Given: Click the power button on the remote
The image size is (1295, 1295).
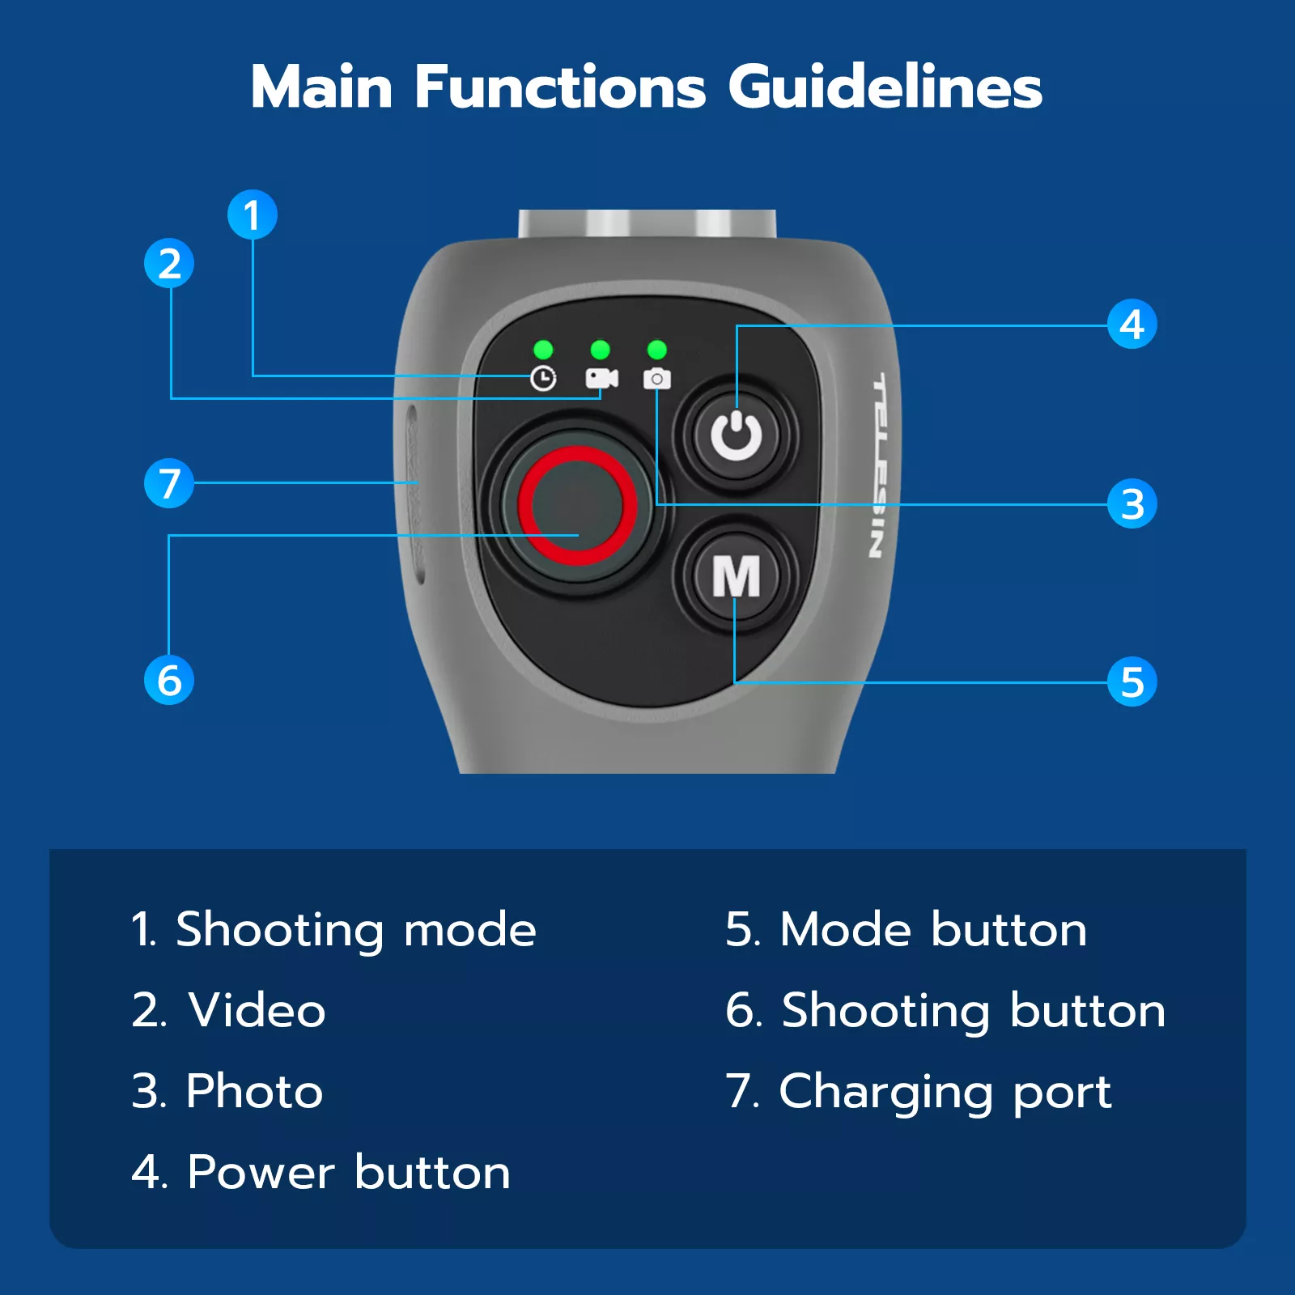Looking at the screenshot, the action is coord(737,435).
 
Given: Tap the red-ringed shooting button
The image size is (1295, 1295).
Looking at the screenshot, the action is coord(576,505).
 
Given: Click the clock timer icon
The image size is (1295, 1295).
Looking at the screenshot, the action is coord(543,378).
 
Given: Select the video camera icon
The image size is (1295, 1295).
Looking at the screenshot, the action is coord(601,378).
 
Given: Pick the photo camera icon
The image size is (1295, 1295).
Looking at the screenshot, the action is coord(657,378).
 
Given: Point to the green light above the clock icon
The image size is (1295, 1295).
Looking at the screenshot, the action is coord(543,350).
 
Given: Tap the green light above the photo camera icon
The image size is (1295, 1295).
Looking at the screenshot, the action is coord(657,350).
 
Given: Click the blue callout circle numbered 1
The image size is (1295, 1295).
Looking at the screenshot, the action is coord(253,214).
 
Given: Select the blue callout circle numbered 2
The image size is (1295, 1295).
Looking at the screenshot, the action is coord(169,263).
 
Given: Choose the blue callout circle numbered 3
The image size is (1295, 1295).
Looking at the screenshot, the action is coord(1132,503).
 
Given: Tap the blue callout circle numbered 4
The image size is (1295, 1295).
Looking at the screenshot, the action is coord(1132,324).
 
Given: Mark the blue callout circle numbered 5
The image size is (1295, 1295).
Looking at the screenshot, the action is coord(1132,681).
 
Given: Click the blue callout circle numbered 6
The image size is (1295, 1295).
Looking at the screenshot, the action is coord(169,679).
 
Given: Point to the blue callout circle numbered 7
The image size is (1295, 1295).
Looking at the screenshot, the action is coord(169,483).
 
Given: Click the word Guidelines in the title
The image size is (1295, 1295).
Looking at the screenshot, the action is coord(885,87).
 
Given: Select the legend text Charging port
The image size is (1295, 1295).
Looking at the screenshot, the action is coord(945,1093).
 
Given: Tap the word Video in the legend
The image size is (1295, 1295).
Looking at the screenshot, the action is coord(257,1010).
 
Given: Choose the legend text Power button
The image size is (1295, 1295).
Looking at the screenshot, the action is coord(349,1172).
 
